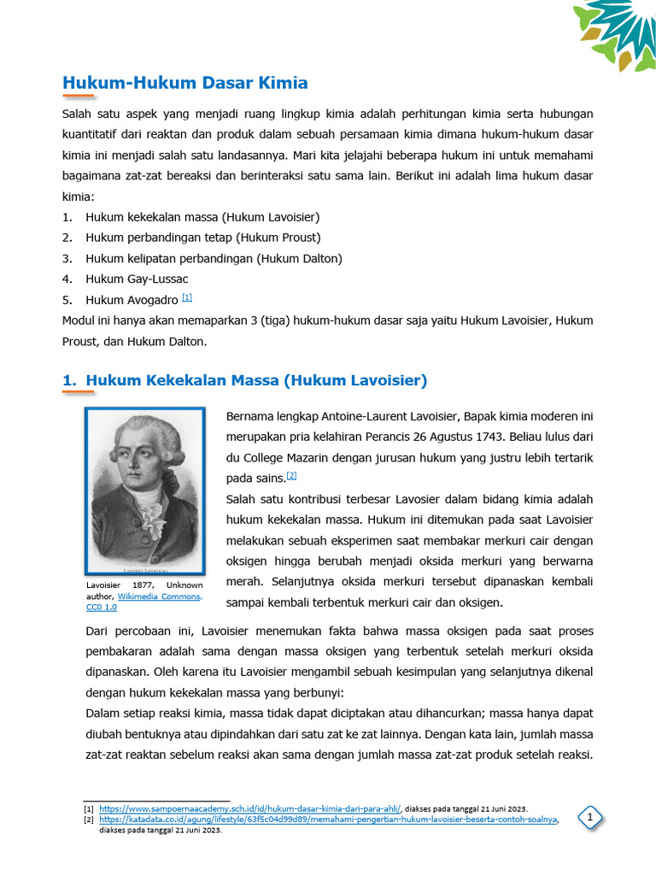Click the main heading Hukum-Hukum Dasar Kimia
[185, 83]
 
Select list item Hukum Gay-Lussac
[137, 279]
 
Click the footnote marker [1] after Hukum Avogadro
[187, 297]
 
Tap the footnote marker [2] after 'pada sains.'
[291, 475]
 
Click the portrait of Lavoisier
[144, 491]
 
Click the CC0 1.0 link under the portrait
[101, 607]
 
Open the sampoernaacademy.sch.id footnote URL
[249, 807]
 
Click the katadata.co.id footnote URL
[327, 819]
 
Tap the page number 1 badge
[589, 819]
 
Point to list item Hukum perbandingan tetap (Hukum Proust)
[203, 238]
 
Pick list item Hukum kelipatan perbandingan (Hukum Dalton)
[214, 258]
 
